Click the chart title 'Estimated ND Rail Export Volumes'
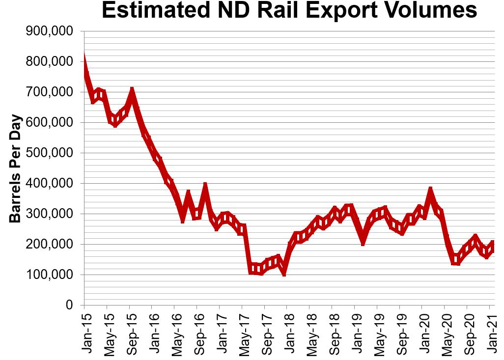[x=289, y=11]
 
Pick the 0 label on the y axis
[x=69, y=305]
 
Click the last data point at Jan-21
[x=492, y=244]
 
